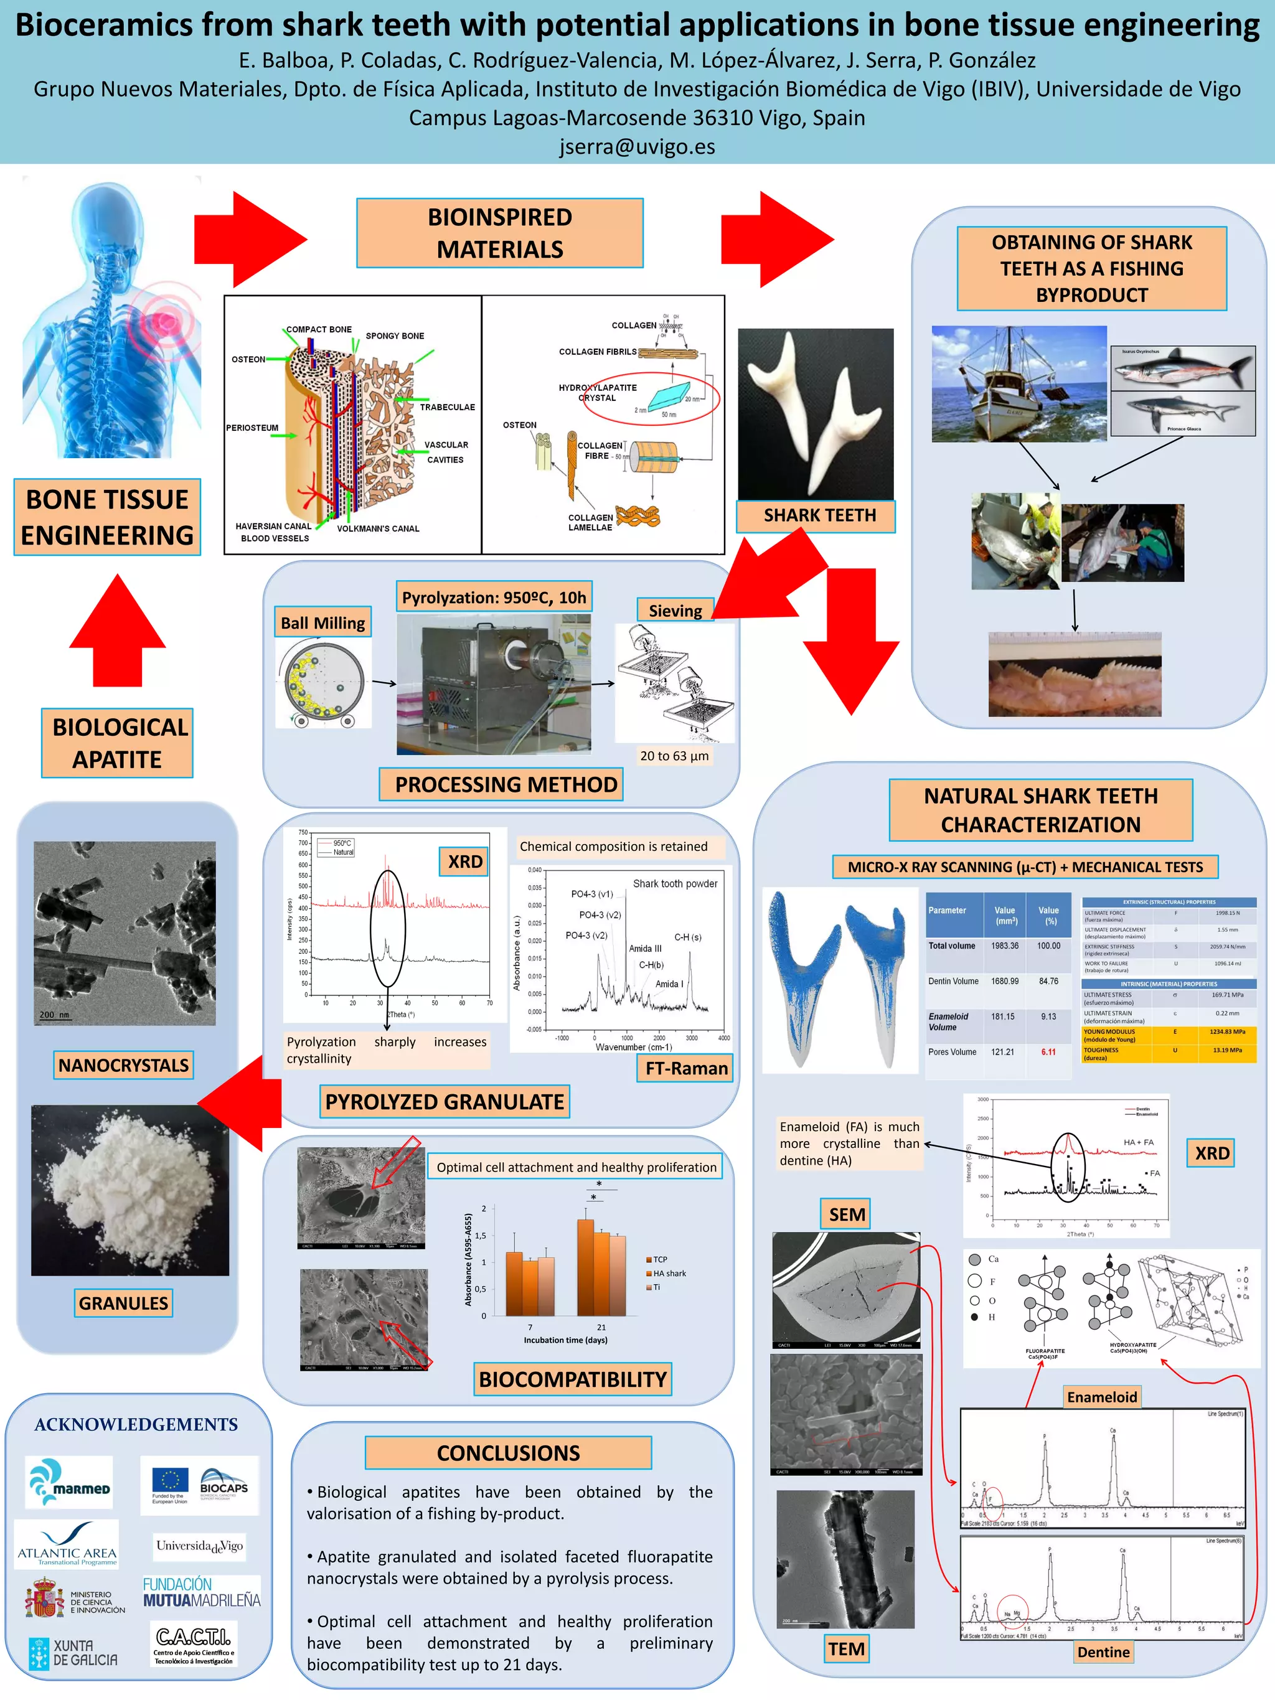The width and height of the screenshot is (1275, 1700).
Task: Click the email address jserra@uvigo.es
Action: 637,147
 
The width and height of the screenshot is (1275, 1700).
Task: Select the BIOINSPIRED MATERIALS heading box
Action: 499,233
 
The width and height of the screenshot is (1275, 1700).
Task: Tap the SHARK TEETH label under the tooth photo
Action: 819,515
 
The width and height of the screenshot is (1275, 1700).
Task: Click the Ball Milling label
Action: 322,623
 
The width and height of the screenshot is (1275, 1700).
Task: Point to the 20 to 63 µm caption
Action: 674,756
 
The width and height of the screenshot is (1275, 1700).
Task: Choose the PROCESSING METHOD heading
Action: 506,785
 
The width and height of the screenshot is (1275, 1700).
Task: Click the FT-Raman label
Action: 686,1068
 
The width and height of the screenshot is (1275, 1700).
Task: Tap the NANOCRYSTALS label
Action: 123,1065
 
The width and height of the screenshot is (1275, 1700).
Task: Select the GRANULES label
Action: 123,1303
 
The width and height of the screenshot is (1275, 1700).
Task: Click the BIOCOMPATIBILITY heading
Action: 573,1379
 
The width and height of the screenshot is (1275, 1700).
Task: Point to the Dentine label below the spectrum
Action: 1103,1652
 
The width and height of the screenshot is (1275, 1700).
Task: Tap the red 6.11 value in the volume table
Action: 1048,1052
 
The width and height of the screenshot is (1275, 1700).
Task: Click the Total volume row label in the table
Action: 951,946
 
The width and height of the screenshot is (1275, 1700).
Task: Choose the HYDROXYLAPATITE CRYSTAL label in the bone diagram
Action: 598,393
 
